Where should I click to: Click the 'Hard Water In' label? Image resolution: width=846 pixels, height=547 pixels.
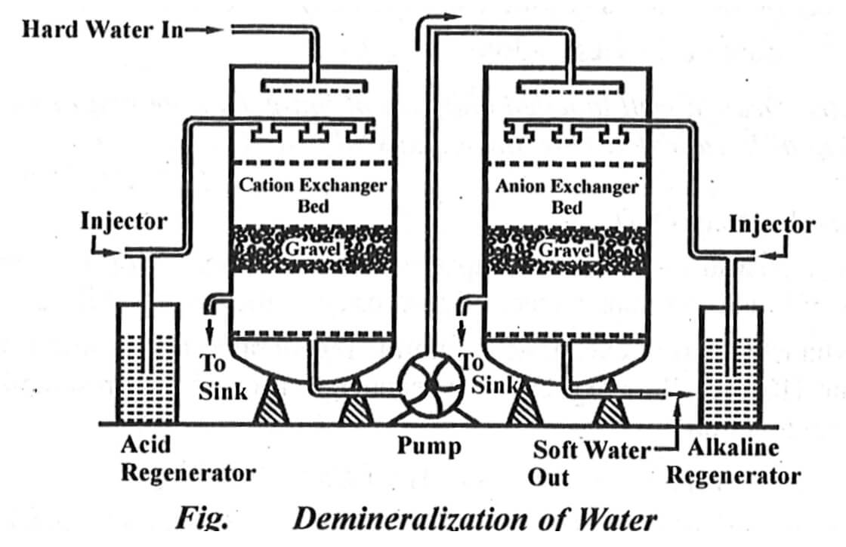coord(102,29)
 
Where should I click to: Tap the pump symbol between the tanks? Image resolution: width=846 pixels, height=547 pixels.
coord(431,384)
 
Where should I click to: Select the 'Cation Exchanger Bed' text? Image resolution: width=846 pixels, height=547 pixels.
coord(312,195)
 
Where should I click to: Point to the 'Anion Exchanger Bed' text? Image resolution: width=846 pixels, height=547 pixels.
coord(567,195)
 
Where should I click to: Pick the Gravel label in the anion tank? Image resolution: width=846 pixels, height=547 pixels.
coord(566,248)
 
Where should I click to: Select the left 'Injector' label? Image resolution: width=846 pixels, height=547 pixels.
coord(123,222)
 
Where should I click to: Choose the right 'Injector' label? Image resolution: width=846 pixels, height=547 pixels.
coord(771,224)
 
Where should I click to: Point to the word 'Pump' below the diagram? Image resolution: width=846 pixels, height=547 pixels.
coord(429,446)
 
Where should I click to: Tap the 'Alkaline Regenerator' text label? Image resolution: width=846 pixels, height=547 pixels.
coord(732,462)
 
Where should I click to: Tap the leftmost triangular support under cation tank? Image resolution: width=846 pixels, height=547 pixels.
coord(270,407)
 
